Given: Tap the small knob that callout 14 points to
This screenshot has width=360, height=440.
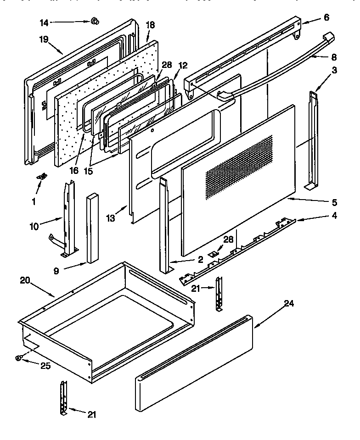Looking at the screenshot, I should coord(96,21).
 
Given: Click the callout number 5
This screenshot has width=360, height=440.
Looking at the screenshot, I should coord(334,202).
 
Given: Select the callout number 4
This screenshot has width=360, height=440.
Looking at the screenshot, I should coord(334,215).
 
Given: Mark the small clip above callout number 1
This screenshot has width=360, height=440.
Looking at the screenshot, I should coord(43,176).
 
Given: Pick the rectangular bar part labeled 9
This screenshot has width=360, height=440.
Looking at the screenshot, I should coord(92,227).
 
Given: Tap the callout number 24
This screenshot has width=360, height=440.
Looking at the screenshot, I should coord(288,303).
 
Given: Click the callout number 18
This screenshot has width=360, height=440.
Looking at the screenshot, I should coord(150,25).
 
